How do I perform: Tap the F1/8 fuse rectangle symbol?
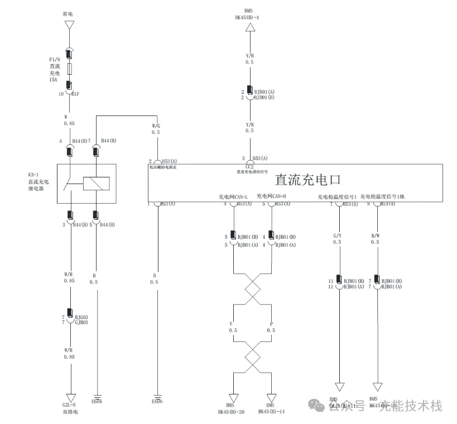pyautogui.click(x=69, y=69)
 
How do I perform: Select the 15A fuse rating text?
pyautogui.click(x=54, y=80)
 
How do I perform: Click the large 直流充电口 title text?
pyautogui.click(x=307, y=180)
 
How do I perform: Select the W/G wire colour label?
pyautogui.click(x=156, y=126)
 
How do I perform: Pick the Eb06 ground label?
pyautogui.click(x=157, y=401)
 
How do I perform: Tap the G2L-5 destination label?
pyautogui.click(x=70, y=405)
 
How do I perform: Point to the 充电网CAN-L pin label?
pyautogui.click(x=233, y=197)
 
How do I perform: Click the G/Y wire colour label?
pyautogui.click(x=336, y=235)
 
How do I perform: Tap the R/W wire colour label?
pyautogui.click(x=375, y=235)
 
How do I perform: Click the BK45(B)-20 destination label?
pyautogui.click(x=231, y=412)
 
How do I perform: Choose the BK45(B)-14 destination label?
pyautogui.click(x=271, y=412)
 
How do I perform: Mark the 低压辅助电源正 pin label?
pyautogui.click(x=162, y=167)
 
